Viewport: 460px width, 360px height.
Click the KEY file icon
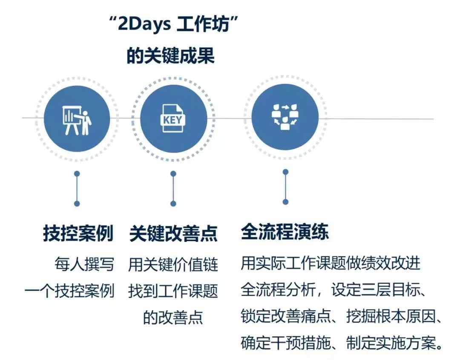pos(173,119)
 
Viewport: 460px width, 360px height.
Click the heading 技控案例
pos(78,233)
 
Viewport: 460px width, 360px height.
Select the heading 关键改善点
pos(173,233)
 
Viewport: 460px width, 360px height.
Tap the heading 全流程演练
pos(285,232)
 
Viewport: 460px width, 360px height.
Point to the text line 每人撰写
pos(84,264)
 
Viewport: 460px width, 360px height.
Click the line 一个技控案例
pos(69,291)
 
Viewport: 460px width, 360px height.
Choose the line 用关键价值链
pos(173,264)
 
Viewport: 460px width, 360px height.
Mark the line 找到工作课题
pos(173,291)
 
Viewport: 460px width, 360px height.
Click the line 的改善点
pos(173,317)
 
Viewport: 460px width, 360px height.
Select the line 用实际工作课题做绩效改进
pos(331,263)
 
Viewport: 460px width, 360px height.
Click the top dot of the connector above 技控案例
pos(77,174)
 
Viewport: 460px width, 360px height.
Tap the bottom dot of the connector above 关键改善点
pos(173,204)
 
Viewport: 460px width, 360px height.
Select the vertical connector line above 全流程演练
pos(285,187)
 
